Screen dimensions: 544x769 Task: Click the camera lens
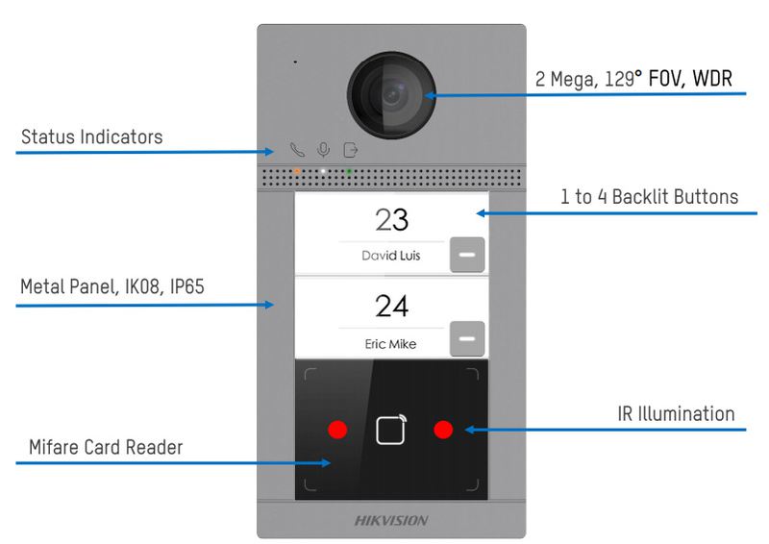pos(390,94)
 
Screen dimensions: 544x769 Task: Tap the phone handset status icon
pos(297,150)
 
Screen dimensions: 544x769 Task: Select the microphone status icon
pos(324,150)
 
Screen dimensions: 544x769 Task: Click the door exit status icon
pos(351,150)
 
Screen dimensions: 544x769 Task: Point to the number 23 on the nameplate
pos(391,220)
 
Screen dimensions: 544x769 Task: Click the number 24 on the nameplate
pos(391,307)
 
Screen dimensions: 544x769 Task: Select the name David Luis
pos(390,256)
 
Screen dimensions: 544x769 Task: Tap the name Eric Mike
pos(390,343)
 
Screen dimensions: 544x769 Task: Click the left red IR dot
pos(336,429)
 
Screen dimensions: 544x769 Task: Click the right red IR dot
pos(442,429)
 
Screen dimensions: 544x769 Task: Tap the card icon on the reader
pos(390,430)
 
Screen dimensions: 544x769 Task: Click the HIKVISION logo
pos(391,520)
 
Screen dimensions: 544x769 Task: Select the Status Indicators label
pos(92,137)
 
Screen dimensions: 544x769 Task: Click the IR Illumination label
pos(676,414)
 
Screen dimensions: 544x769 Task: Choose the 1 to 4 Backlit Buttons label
pos(649,197)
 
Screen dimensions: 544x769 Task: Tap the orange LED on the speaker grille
pos(297,171)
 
